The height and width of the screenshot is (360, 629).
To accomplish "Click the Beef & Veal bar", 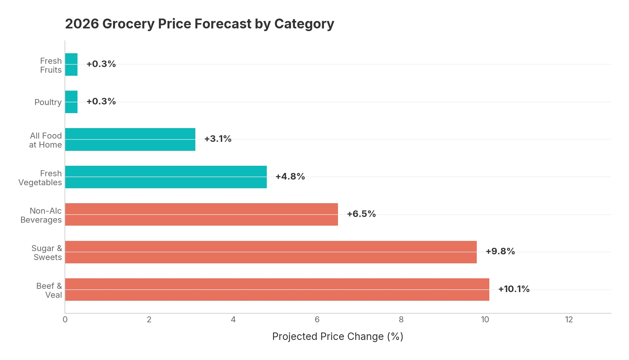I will (x=277, y=289).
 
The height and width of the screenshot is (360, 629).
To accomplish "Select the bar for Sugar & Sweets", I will (x=271, y=252).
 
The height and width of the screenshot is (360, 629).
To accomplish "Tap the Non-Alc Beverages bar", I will (x=201, y=214).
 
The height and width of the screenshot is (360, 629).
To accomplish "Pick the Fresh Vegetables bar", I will (x=166, y=177).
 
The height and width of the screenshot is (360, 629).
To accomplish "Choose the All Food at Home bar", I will (x=130, y=139).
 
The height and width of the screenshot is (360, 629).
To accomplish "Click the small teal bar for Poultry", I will (x=71, y=102).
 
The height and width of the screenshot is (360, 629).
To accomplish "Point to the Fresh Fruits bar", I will (x=71, y=64).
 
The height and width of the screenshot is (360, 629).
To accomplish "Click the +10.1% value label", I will (x=514, y=289).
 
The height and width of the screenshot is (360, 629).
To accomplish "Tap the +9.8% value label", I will (x=500, y=251).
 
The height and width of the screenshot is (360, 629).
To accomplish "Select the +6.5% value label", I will (x=361, y=214).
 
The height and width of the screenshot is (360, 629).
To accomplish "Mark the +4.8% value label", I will (x=290, y=176).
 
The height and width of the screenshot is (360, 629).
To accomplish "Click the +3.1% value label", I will (x=218, y=139).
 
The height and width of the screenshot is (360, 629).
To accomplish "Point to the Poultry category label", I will (x=48, y=102).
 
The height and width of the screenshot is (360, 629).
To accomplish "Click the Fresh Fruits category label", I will (x=51, y=65).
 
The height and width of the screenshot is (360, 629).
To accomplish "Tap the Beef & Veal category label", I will (x=49, y=290).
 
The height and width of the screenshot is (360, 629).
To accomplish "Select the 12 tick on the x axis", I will (x=569, y=320).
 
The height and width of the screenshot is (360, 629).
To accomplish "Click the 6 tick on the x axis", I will (x=317, y=320).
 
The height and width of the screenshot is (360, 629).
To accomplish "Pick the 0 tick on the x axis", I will (x=65, y=320).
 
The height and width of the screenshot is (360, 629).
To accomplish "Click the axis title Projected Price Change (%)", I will (x=338, y=336).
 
